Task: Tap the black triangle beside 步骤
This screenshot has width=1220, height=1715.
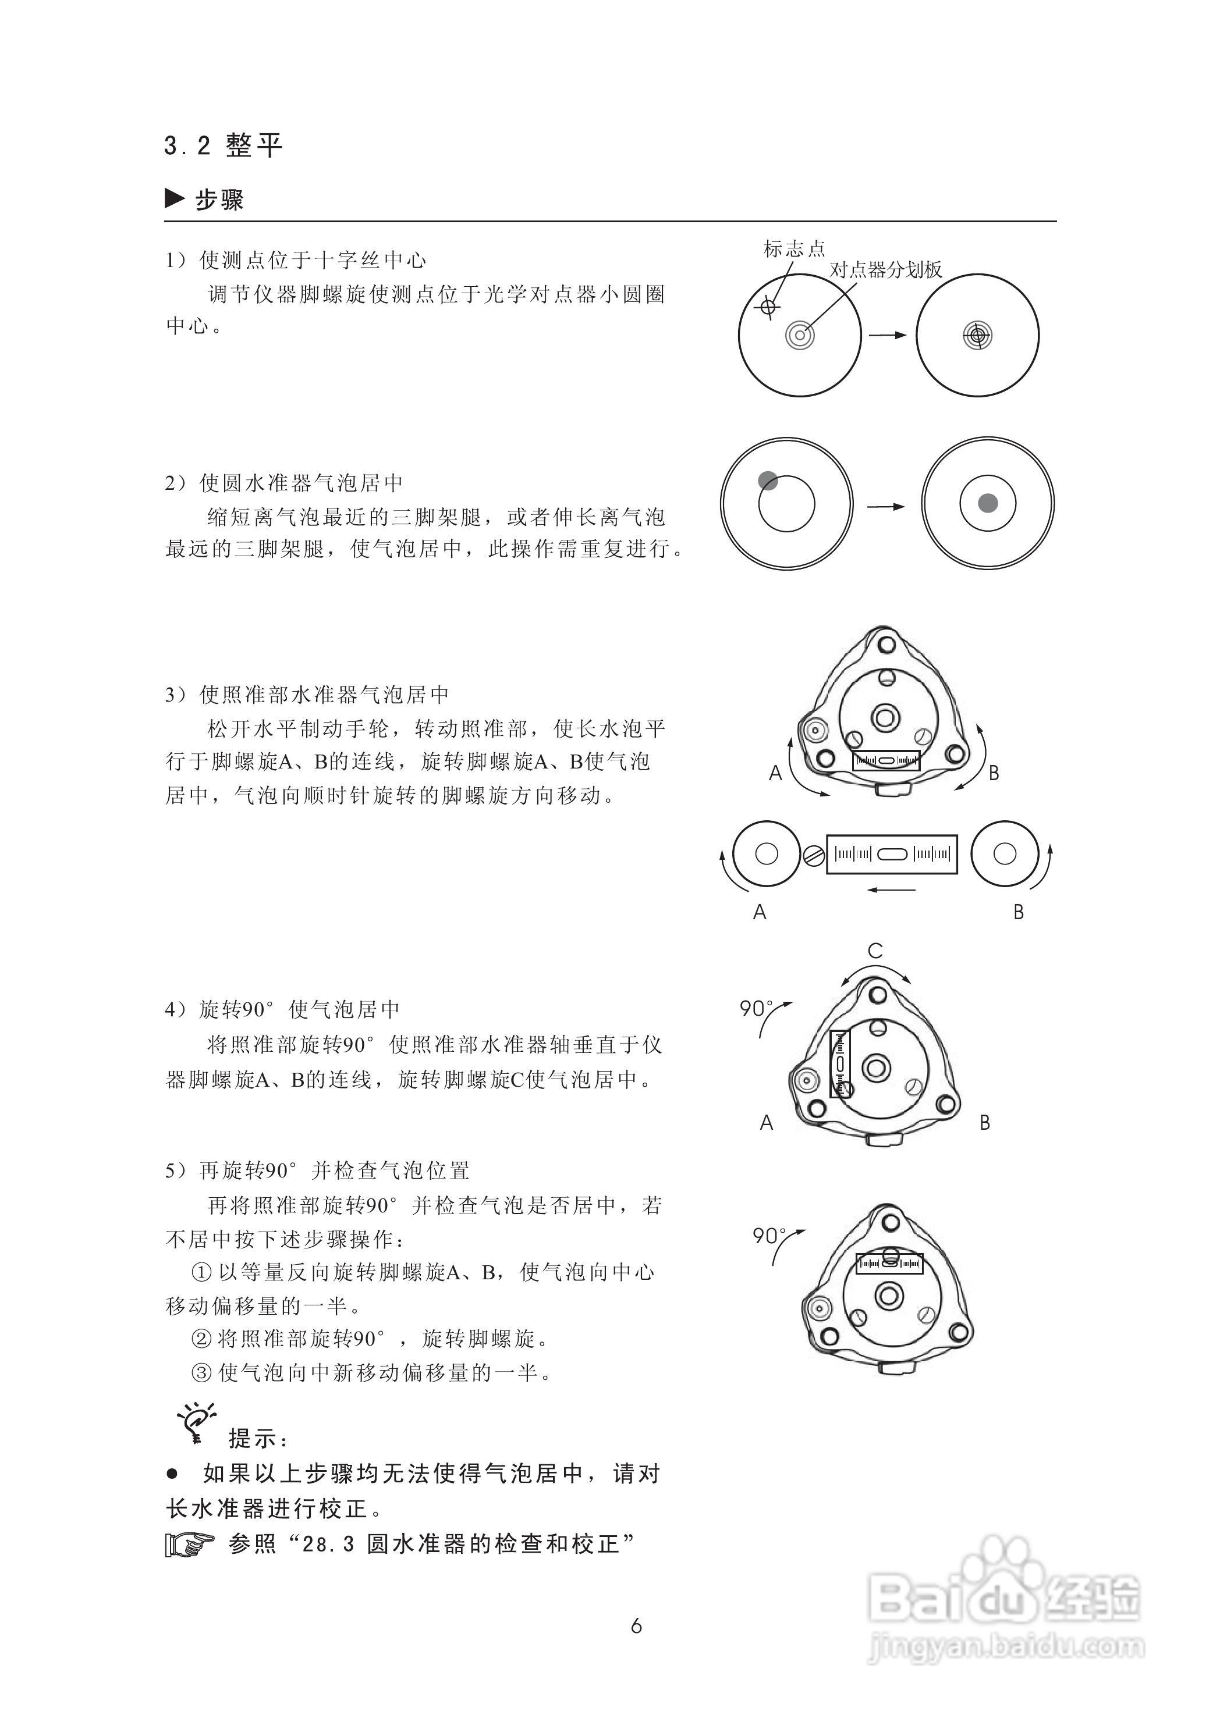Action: pyautogui.click(x=174, y=199)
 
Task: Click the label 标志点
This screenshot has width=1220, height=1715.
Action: pyautogui.click(x=794, y=248)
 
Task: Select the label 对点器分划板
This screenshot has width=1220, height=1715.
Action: pyautogui.click(x=886, y=269)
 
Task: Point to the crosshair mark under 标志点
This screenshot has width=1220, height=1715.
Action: pyautogui.click(x=767, y=307)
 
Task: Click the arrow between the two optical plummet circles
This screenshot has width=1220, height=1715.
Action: pyautogui.click(x=888, y=335)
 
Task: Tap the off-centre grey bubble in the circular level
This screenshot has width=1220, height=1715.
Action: pyautogui.click(x=767, y=481)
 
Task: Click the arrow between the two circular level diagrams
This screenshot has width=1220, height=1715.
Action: pyautogui.click(x=886, y=507)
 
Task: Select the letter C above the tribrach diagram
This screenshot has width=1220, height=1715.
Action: pyautogui.click(x=875, y=951)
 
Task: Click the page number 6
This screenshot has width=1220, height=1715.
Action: pyautogui.click(x=636, y=1625)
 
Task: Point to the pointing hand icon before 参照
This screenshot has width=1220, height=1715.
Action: pyautogui.click(x=189, y=1545)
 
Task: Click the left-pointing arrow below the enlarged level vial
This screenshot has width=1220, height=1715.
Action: pyautogui.click(x=891, y=891)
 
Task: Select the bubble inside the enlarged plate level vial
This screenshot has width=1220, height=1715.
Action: pyautogui.click(x=892, y=854)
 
